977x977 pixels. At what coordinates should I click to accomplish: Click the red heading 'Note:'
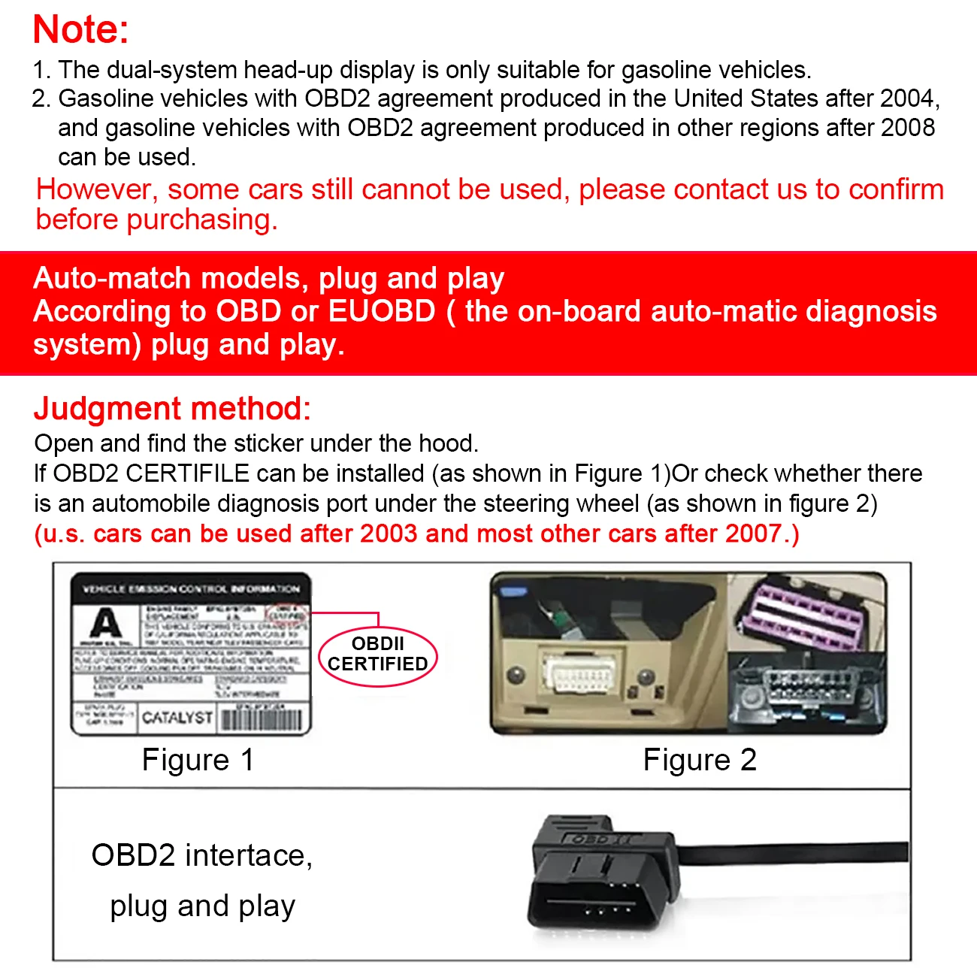81,30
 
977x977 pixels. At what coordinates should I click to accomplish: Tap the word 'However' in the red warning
95,189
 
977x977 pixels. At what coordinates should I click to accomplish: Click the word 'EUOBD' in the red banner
382,311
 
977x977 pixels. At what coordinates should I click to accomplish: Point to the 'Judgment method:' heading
172,409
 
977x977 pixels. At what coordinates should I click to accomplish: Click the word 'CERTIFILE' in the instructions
187,473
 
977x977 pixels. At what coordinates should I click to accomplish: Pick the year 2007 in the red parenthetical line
753,534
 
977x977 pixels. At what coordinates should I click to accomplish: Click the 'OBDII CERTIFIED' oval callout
378,655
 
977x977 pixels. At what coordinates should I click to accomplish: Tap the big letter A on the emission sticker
105,623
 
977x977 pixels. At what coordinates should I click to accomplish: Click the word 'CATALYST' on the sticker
177,718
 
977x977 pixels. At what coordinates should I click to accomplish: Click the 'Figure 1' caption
198,760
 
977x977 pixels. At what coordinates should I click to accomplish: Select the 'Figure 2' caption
700,760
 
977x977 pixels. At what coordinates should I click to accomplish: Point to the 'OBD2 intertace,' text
201,855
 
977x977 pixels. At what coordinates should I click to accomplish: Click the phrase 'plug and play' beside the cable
202,906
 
